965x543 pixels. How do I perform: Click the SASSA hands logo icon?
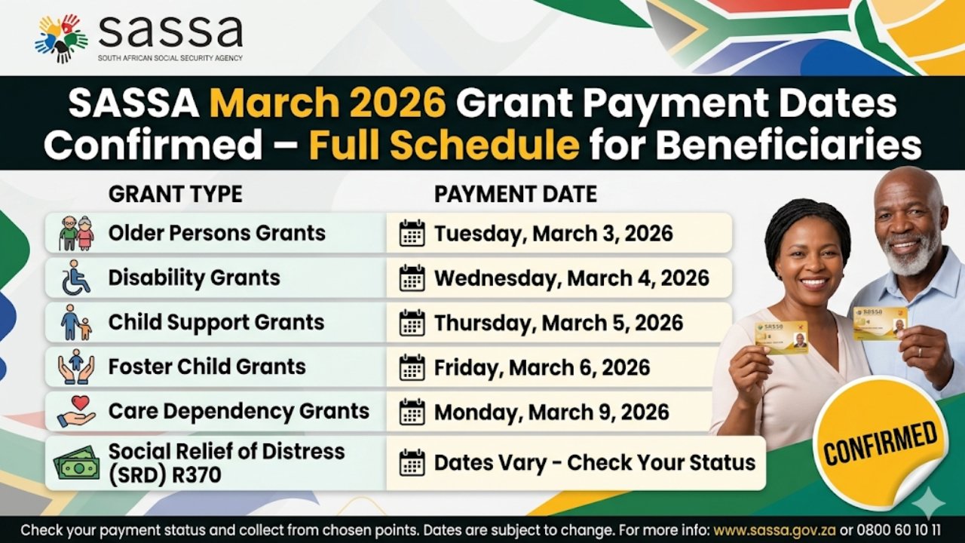click(61, 38)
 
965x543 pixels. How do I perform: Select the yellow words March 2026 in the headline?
click(328, 104)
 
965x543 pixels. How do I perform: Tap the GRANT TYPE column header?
click(175, 194)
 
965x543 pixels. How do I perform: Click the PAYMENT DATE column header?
click(515, 194)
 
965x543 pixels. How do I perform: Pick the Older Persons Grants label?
click(216, 233)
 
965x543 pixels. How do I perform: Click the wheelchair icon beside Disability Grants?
click(75, 278)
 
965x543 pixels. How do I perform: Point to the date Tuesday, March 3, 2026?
click(553, 233)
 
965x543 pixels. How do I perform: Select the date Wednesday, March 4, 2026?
click(571, 278)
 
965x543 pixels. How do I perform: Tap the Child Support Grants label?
click(216, 322)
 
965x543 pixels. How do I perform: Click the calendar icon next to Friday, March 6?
click(412, 368)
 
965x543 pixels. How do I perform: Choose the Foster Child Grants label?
click(207, 367)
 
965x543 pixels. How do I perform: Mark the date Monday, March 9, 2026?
click(551, 412)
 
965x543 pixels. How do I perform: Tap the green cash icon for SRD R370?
click(76, 462)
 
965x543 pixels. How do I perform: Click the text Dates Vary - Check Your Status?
click(594, 462)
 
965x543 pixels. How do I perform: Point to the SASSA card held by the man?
click(880, 323)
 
